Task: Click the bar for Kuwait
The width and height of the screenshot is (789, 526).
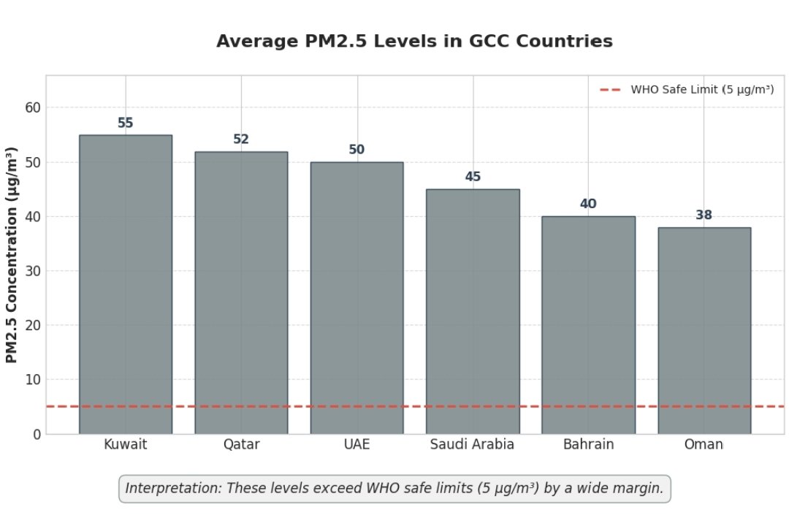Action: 126,284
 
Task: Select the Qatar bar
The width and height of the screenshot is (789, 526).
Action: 241,292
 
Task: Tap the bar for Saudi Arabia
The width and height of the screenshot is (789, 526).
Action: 473,311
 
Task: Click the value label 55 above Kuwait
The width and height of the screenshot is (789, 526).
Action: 126,123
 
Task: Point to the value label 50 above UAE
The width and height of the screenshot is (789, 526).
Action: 357,150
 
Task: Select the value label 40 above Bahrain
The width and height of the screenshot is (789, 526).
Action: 588,204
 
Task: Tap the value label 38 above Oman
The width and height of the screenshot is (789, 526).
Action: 704,215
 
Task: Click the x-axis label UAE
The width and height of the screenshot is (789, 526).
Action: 357,444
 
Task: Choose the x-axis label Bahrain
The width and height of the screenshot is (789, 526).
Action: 588,444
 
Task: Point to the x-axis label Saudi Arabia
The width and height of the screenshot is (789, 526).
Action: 472,444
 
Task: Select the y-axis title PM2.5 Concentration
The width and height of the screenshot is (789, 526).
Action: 12,254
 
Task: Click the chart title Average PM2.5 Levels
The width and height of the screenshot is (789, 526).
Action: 414,42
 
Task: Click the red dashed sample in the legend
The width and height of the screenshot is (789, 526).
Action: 610,90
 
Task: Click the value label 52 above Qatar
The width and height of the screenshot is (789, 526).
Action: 241,139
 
